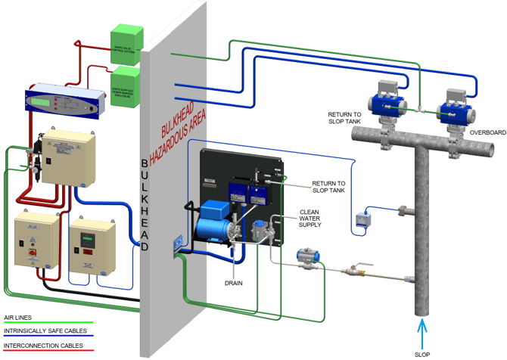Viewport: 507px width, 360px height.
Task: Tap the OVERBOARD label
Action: click(487, 132)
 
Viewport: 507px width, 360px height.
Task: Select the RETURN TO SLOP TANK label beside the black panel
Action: click(330, 187)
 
